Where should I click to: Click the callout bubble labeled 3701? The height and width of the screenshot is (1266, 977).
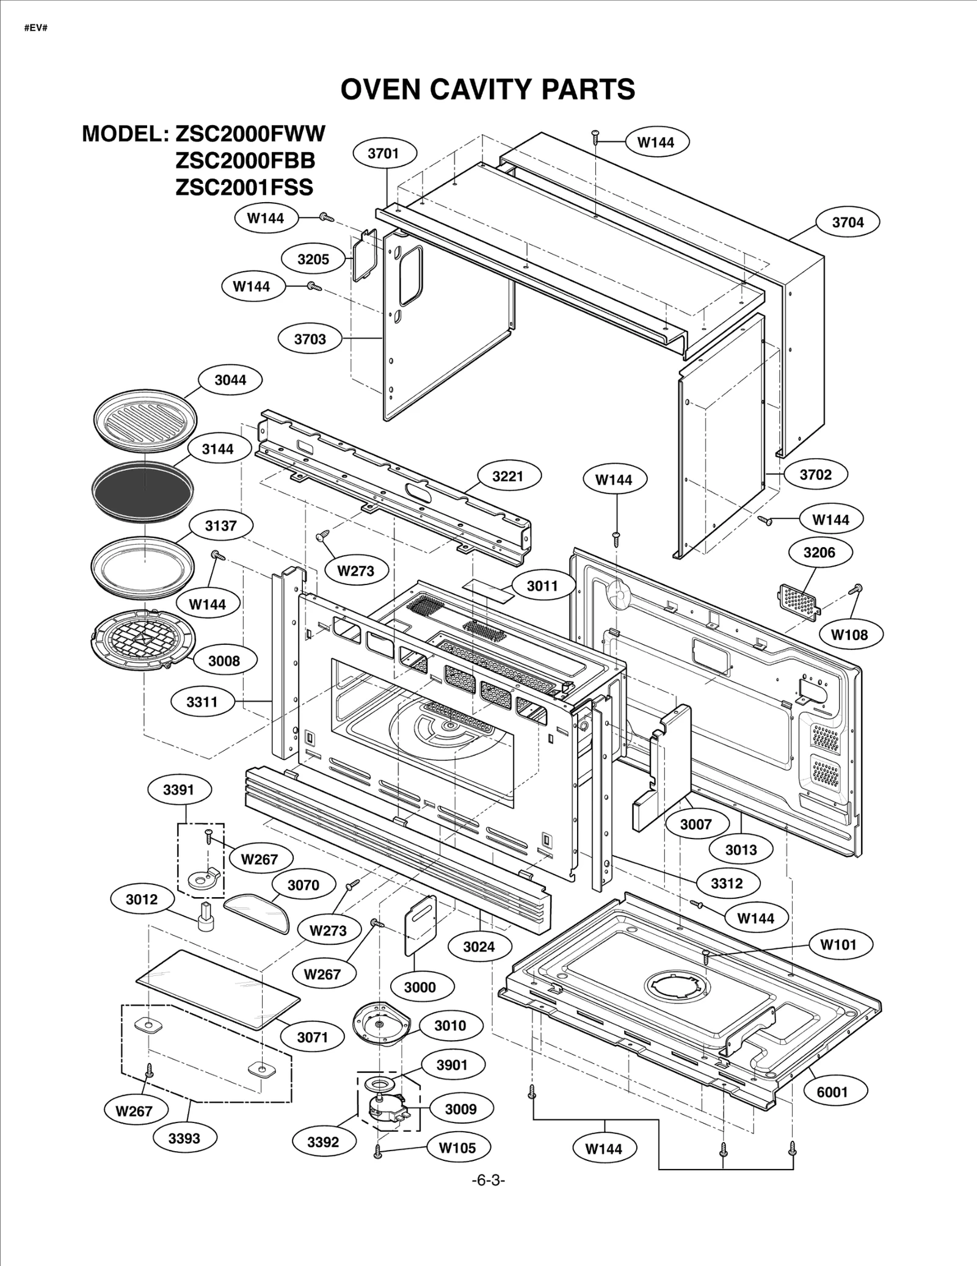[383, 153]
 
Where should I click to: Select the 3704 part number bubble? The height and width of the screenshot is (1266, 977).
[848, 222]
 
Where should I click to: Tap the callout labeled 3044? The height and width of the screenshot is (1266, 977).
[230, 380]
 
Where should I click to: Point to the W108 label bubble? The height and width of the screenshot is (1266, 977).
[849, 635]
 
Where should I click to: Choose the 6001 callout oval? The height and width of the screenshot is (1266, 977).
[832, 1091]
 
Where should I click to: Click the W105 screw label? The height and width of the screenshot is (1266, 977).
[457, 1148]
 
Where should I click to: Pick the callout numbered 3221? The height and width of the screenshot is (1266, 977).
[508, 476]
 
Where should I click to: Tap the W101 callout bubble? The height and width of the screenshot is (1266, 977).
[838, 945]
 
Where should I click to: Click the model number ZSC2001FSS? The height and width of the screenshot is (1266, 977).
[244, 187]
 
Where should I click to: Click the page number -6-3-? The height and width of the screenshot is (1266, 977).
[488, 1180]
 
